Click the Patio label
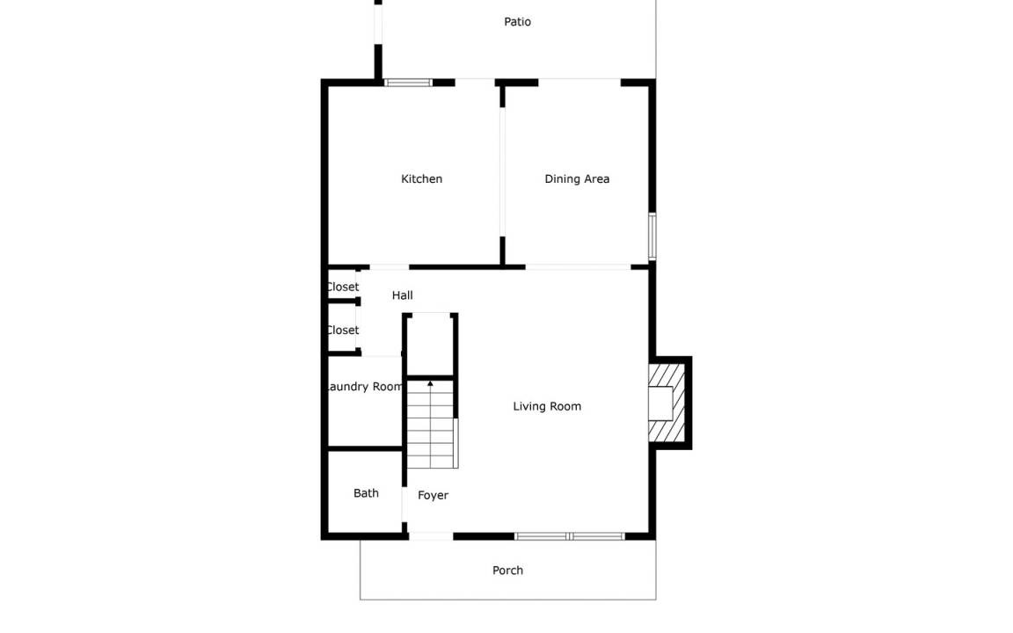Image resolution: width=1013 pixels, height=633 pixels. coord(517,22)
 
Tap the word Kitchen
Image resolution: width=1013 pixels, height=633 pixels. coord(422,179)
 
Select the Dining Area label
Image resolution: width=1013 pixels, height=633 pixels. coord(577,179)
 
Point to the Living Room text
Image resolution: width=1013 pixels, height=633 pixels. coord(547,406)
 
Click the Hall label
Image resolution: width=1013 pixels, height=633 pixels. coord(403,295)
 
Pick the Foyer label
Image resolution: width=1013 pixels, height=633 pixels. coord(433,496)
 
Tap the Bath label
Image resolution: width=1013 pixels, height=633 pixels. coord(367,493)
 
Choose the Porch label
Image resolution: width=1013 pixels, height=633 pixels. coord(507,571)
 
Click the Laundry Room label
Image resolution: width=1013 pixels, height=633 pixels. coord(365,387)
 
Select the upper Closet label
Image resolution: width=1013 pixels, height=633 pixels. coord(343,287)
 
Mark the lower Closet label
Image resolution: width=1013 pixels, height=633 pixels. coord(343,330)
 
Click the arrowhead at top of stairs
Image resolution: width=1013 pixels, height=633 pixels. coord(430,383)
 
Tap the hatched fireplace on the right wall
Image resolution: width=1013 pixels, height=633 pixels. coord(667,403)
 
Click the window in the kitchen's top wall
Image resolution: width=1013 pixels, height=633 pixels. coord(408,83)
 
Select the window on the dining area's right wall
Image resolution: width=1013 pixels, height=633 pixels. coord(652,236)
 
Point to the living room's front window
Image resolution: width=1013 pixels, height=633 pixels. coord(570,536)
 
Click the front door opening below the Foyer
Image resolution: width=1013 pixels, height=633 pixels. coord(431,536)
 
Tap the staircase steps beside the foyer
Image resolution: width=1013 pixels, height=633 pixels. coord(431,425)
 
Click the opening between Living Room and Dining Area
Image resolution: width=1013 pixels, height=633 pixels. coord(579,266)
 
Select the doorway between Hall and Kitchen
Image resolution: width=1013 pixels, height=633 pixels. coord(390,266)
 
